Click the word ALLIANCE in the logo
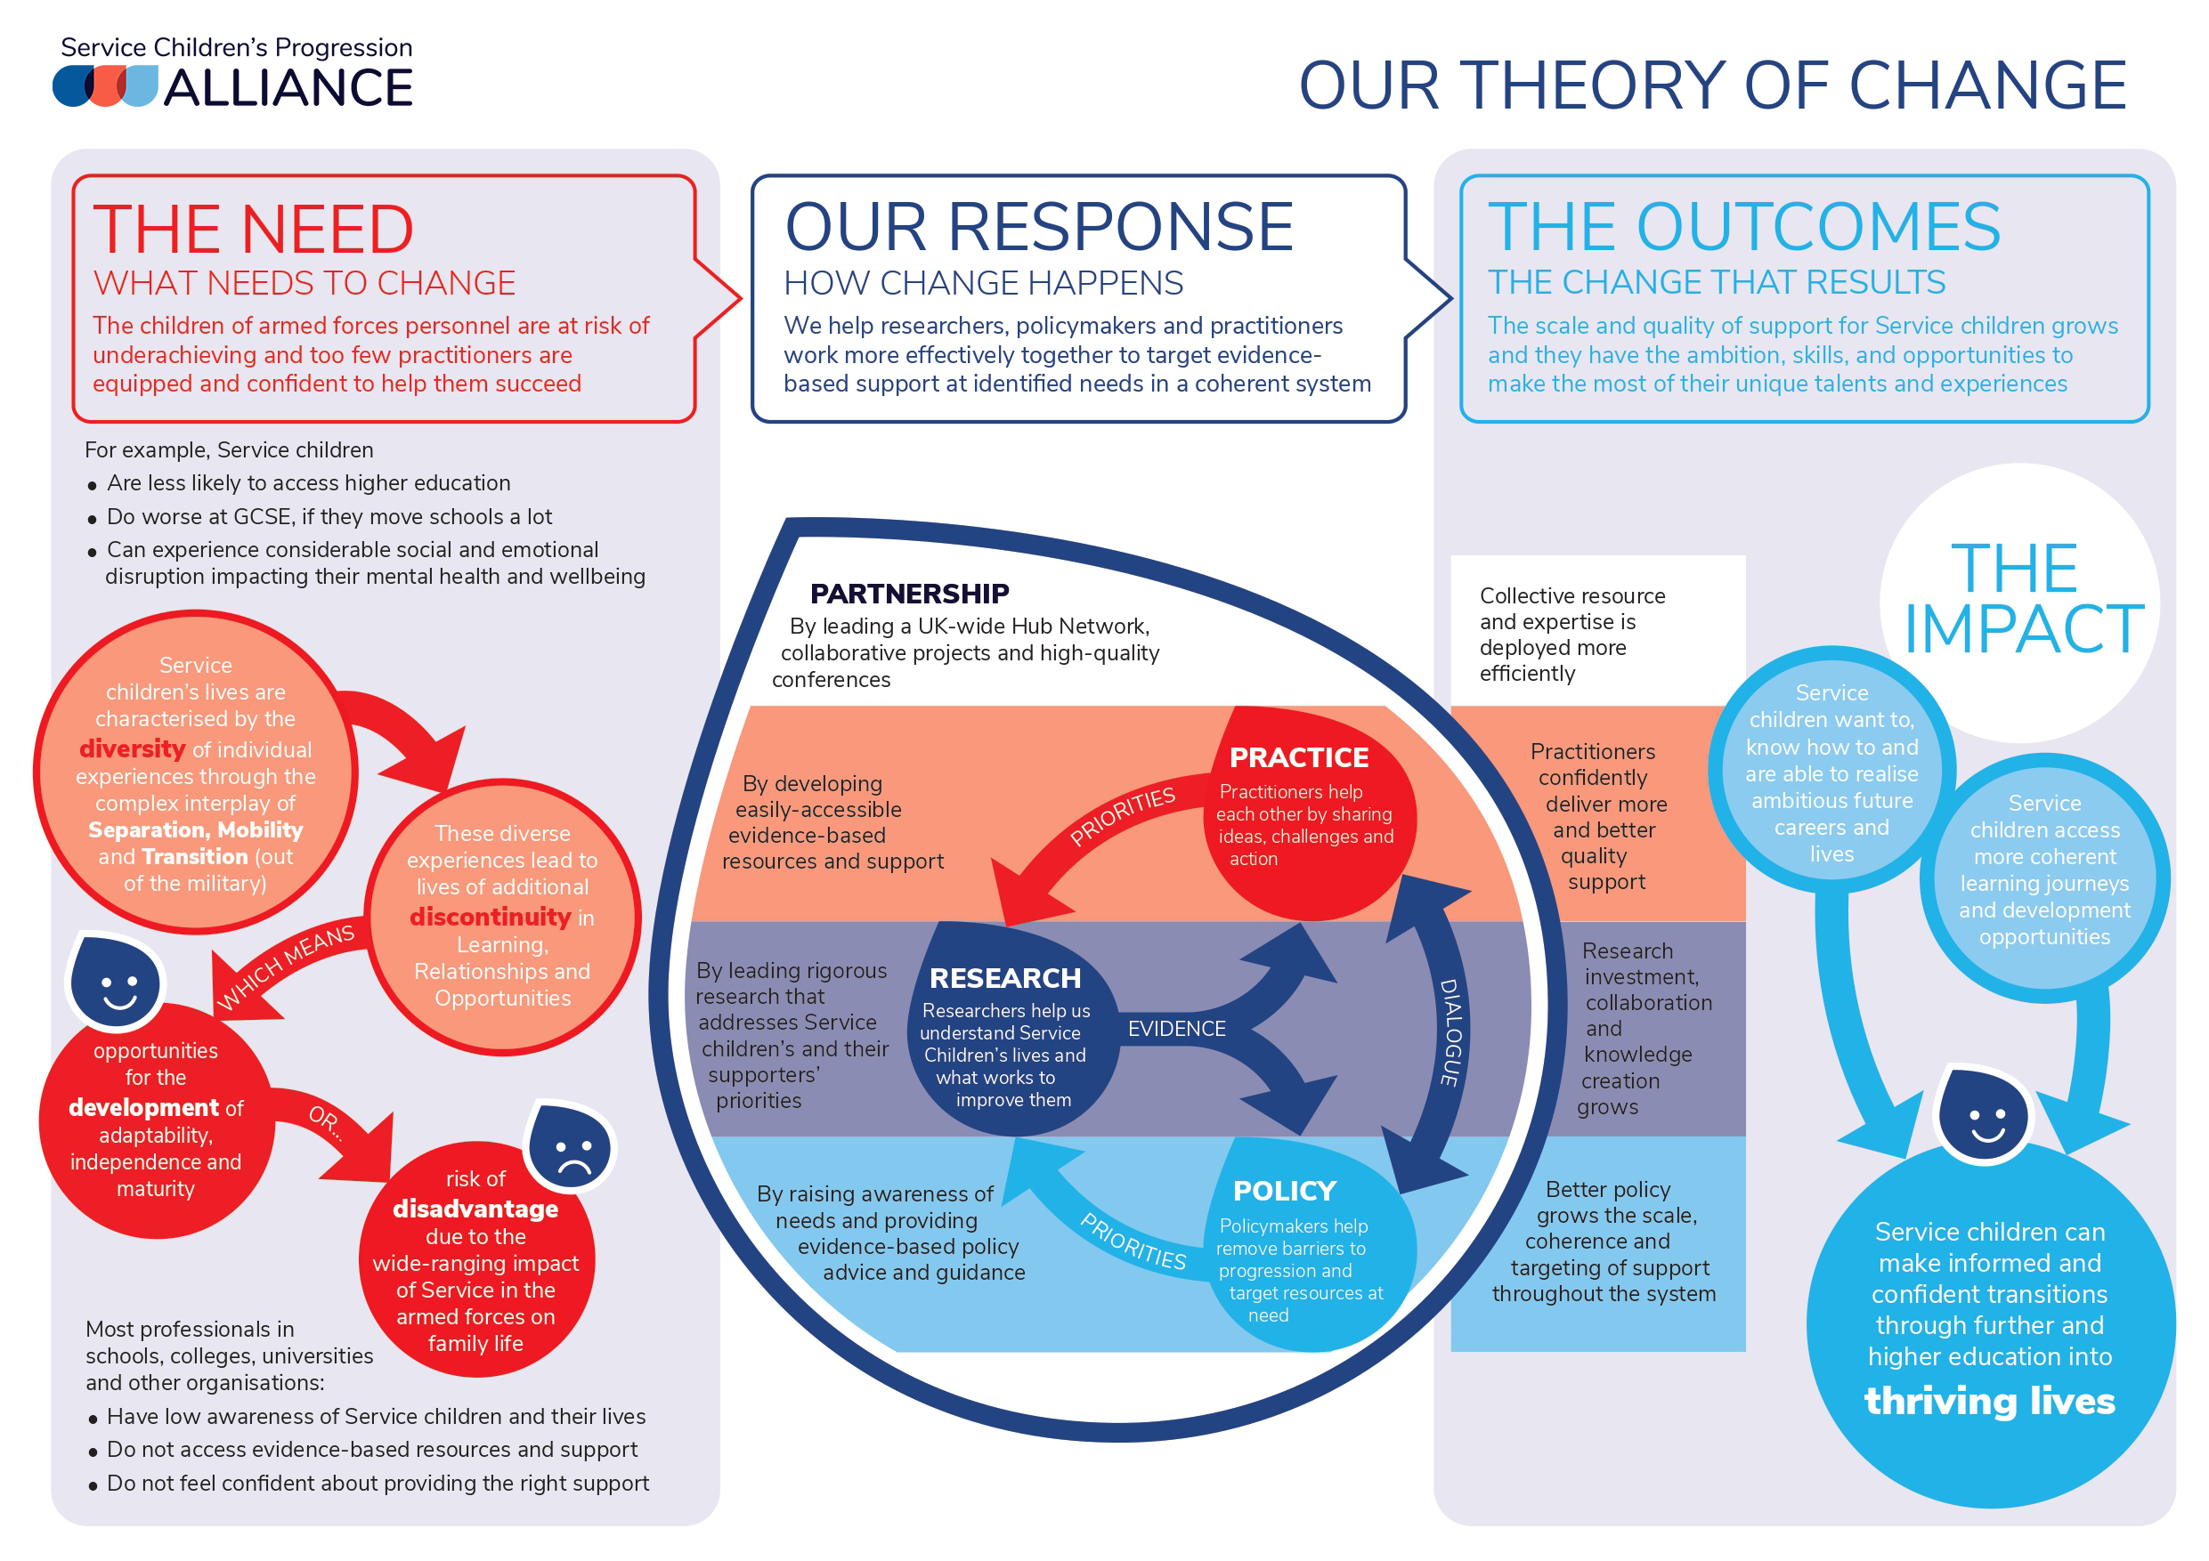(x=288, y=88)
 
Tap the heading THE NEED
(x=253, y=229)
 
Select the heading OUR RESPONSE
(x=1038, y=227)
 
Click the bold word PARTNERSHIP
(x=909, y=594)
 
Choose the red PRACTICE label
(x=1298, y=758)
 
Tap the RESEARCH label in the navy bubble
(x=1004, y=978)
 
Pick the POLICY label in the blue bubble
(x=1285, y=1191)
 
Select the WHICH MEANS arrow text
(x=286, y=966)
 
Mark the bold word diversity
(x=132, y=748)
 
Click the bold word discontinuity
(x=490, y=917)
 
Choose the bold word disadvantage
(x=475, y=1208)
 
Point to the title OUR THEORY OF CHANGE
(x=1711, y=85)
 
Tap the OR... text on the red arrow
(x=325, y=1121)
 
